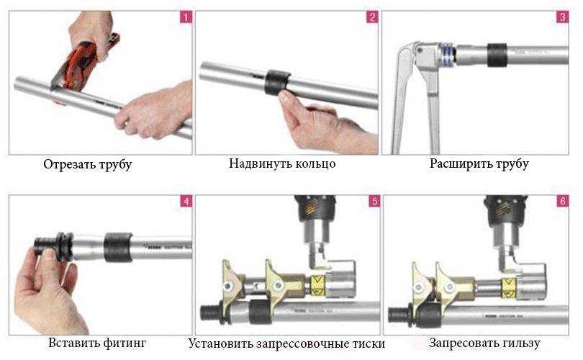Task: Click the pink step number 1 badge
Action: point(186,17)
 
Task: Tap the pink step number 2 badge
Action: point(372,17)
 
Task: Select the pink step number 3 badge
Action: point(563,17)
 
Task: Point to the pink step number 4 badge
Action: point(186,201)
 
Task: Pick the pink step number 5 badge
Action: point(374,201)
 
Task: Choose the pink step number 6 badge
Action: point(563,201)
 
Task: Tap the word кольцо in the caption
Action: point(315,163)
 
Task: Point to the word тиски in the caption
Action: point(367,343)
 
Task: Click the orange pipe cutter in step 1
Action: point(81,63)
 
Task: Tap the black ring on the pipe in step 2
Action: point(276,82)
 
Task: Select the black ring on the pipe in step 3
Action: point(497,55)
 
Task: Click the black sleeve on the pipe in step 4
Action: point(118,247)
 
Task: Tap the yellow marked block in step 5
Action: point(317,286)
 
